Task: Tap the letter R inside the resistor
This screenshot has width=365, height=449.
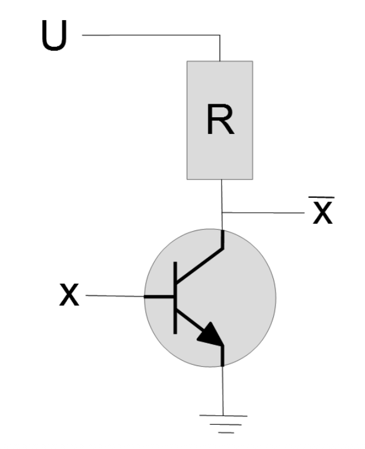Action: pos(220,120)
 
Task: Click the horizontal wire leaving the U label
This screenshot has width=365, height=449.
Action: pos(148,36)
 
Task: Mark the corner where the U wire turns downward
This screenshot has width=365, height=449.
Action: pos(220,36)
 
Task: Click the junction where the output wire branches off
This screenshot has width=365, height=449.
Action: pos(222,213)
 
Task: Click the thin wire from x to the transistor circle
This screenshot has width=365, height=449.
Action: pos(116,295)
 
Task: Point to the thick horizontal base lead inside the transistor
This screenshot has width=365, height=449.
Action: pos(160,295)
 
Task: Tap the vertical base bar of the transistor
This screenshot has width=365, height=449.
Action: pos(175,296)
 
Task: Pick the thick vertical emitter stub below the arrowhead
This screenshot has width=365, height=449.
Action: pos(222,355)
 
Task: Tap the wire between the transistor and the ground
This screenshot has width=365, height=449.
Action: pos(222,391)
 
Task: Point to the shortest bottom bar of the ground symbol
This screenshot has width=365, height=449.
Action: pos(223,433)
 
